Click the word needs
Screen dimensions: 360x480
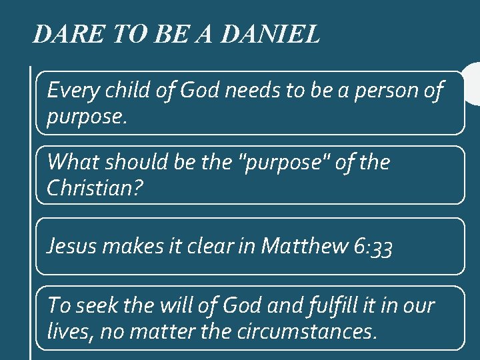click(x=253, y=89)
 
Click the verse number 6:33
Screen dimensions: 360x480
click(x=373, y=247)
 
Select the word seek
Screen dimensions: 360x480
click(x=97, y=305)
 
